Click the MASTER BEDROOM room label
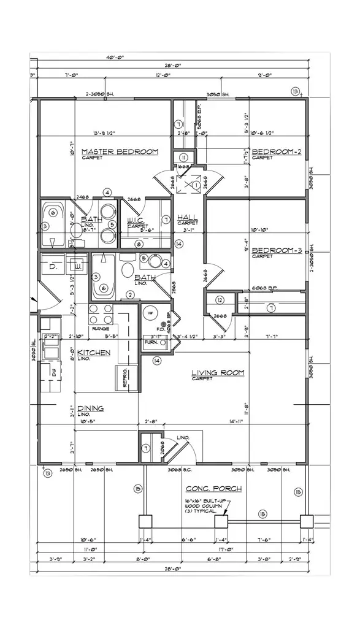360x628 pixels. pos(120,151)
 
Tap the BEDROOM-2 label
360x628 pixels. pos(274,151)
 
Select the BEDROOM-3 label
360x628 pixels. pos(274,250)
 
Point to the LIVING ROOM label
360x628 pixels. pos(218,372)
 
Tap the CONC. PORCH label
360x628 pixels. pos(213,489)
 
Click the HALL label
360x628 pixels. pos(186,218)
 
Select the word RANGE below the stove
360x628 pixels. pos(101,329)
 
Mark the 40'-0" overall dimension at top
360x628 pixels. pos(113,57)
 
